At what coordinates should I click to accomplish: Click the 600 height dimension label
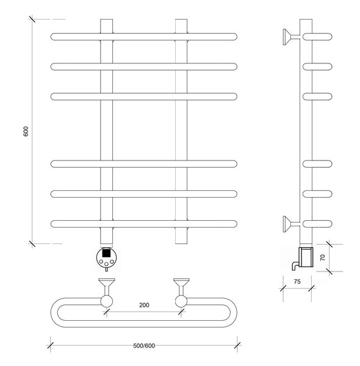point(26,131)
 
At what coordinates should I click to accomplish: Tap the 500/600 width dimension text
point(144,346)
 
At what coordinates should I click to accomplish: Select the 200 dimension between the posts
point(144,305)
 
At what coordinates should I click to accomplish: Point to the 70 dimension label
point(322,257)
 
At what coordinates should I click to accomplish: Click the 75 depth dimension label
point(297,282)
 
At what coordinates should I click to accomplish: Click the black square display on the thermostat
point(106,253)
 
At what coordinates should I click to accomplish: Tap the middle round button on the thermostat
point(106,264)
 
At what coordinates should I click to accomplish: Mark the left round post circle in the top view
point(107,301)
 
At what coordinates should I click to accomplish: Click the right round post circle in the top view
point(181,301)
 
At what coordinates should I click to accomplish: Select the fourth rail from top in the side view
point(317,164)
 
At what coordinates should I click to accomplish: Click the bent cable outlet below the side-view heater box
point(295,265)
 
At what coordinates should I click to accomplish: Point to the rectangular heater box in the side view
point(306,257)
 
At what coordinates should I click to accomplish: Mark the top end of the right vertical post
point(181,20)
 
